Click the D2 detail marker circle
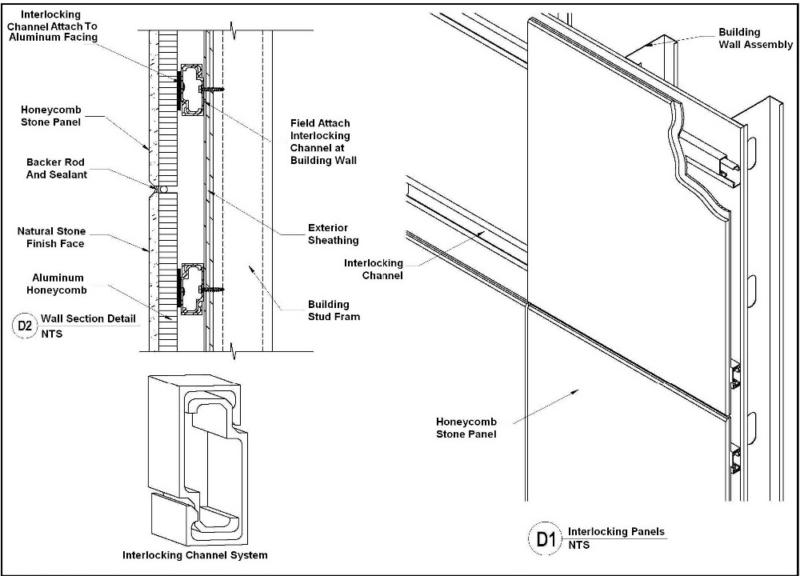click(x=26, y=326)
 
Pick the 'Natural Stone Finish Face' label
click(x=51, y=238)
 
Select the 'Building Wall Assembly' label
click(x=754, y=38)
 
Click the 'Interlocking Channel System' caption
click(x=194, y=555)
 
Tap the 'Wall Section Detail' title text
click(x=88, y=318)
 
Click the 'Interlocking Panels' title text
click(x=616, y=531)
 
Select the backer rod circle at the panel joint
click(x=162, y=190)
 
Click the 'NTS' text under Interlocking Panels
click(x=578, y=545)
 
